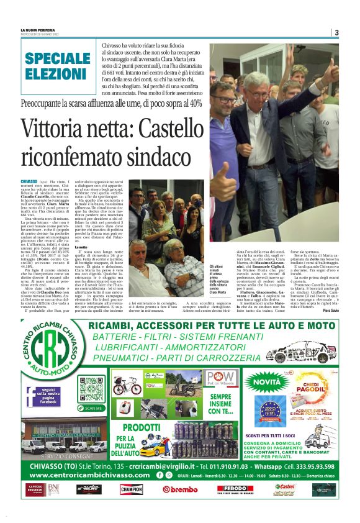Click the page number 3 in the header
(336, 32)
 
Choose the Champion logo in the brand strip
(132, 489)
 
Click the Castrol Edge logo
(286, 489)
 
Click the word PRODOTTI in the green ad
(143, 428)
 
